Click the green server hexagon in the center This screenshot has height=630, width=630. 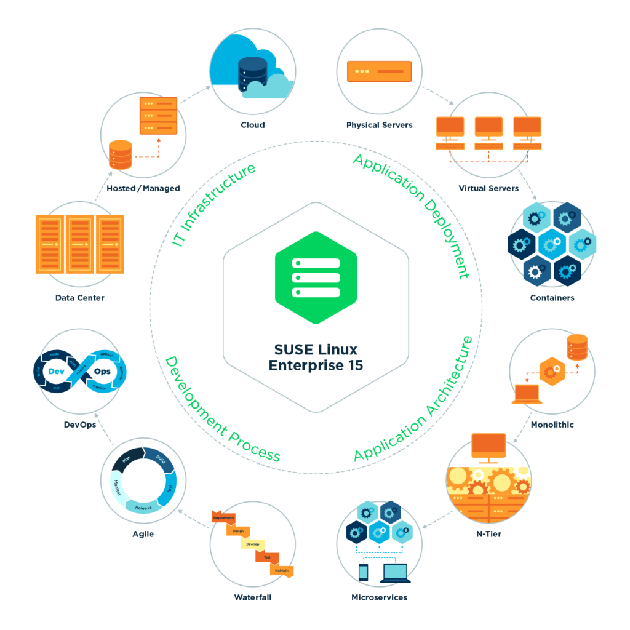coord(316,277)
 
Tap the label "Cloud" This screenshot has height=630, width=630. coord(252,125)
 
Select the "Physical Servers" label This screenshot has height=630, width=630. coord(379,125)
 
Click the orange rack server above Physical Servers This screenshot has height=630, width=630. coord(379,71)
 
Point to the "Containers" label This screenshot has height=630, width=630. coord(552,298)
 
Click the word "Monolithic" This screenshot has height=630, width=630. coord(552,425)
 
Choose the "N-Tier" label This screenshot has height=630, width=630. coord(488,533)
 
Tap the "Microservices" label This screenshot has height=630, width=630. coord(379,597)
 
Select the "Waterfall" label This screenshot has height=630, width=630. coord(252,597)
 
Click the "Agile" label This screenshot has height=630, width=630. coord(143,534)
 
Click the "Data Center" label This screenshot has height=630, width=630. coord(79,298)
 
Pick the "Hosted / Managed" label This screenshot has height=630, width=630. coord(143,188)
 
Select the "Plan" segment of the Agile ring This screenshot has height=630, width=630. coord(127,460)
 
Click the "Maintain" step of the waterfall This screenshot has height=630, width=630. coord(281,570)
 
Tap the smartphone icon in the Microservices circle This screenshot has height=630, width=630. coord(363,572)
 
